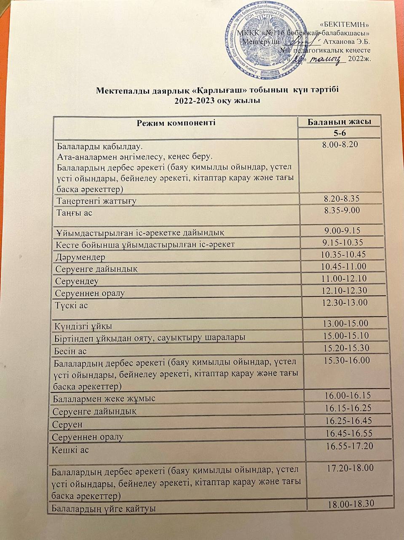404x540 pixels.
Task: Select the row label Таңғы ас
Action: click(75, 213)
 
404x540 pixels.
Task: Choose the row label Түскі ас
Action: click(72, 305)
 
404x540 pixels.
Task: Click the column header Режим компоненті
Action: click(176, 123)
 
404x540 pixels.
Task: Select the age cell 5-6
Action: click(339, 133)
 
